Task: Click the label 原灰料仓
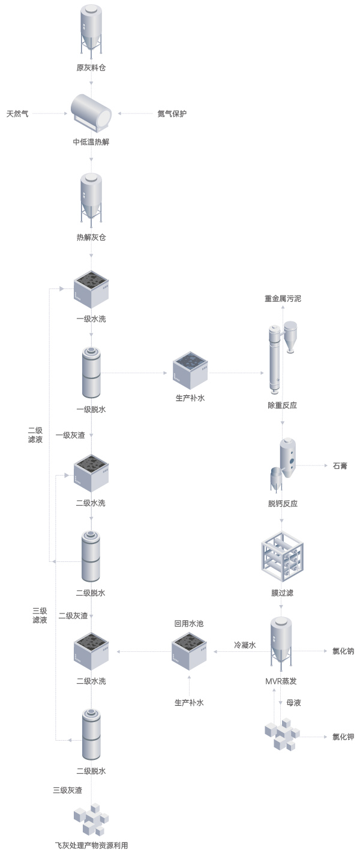(x=91, y=68)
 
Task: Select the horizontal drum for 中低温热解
(x=91, y=112)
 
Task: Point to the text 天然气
(x=17, y=113)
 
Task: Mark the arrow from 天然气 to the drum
(x=50, y=113)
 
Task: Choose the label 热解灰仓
(x=91, y=237)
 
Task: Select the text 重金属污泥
(x=283, y=298)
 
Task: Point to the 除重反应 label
(x=283, y=405)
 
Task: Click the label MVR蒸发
(x=281, y=681)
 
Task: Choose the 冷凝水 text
(x=245, y=645)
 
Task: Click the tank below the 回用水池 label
(x=189, y=651)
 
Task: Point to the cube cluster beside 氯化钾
(x=281, y=736)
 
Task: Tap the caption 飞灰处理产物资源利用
(x=91, y=846)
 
